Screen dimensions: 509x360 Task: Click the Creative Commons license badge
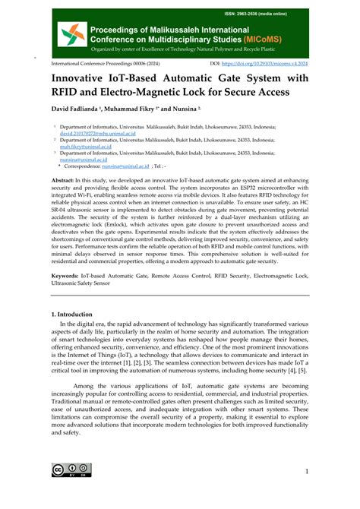[x=68, y=471]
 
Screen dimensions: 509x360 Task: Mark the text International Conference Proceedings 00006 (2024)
[x=103, y=65]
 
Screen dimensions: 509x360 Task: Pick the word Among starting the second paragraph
[x=89, y=386]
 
